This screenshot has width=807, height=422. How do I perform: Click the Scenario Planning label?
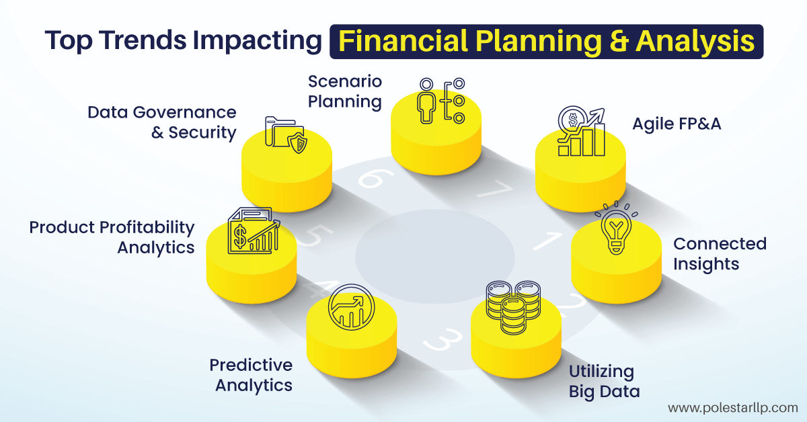tap(345, 92)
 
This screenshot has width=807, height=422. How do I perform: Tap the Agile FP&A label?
tap(677, 124)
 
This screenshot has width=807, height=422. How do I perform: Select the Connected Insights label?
tap(720, 253)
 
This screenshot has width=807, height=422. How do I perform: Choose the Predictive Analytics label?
tap(251, 375)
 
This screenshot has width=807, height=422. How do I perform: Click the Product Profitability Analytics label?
tap(112, 237)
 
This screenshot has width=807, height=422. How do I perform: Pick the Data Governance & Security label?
tap(162, 122)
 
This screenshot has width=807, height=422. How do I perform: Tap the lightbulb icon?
tap(615, 228)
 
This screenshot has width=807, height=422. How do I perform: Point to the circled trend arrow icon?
tap(347, 310)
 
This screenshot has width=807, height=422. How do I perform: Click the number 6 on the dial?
tap(371, 179)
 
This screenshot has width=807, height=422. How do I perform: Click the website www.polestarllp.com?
tap(732, 407)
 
